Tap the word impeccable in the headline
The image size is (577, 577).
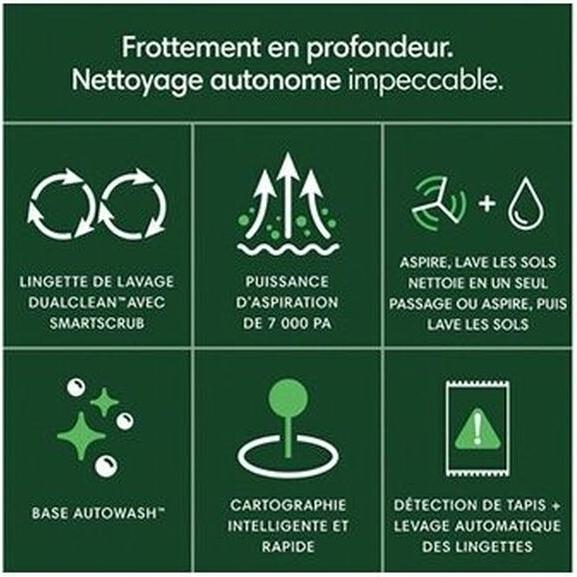[425, 81]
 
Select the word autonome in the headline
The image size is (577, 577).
[275, 81]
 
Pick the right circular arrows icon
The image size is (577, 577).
[133, 203]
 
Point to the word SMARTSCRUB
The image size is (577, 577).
[97, 323]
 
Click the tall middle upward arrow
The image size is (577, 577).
[288, 195]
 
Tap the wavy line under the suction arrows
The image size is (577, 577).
[288, 249]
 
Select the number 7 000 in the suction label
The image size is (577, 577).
[280, 324]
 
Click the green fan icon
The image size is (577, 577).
[439, 202]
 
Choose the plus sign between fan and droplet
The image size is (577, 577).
[487, 203]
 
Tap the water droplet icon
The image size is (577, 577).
[525, 203]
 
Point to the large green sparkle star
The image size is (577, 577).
[81, 436]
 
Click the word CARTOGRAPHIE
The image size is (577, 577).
[288, 505]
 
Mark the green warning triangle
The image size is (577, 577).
[478, 431]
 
